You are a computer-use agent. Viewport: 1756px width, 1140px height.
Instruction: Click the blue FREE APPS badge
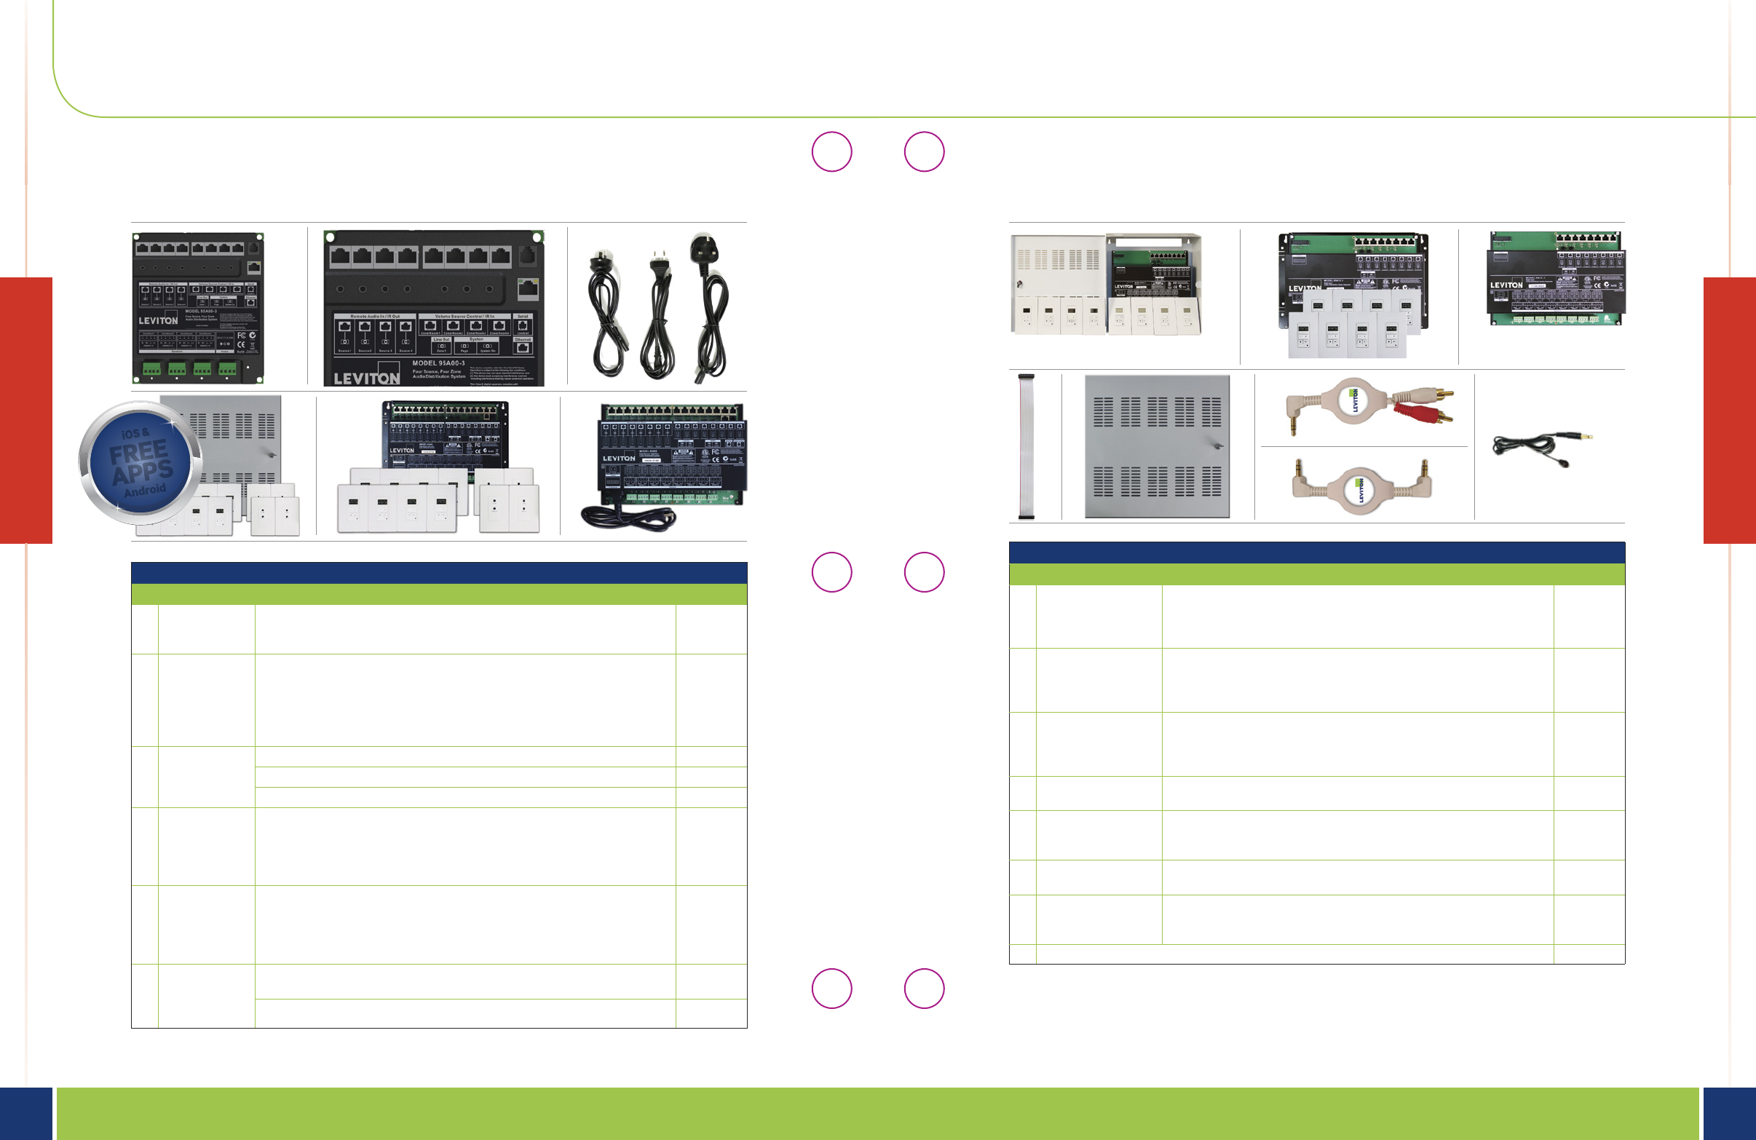tap(141, 463)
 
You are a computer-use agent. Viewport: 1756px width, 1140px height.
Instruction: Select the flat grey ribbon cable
tap(1026, 447)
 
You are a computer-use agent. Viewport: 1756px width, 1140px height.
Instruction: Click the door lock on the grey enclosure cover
tap(1218, 446)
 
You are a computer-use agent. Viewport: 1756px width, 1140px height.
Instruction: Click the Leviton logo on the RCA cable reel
tap(1355, 400)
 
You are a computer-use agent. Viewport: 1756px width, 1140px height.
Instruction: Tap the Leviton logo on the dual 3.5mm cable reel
tap(1361, 490)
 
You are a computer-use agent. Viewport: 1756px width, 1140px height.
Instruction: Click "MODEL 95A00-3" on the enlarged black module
tap(438, 363)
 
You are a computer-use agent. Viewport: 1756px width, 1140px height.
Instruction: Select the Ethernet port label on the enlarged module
tap(523, 339)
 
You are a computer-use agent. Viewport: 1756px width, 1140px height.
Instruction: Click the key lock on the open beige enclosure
tap(1019, 283)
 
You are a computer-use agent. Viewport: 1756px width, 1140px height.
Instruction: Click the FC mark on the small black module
tap(240, 335)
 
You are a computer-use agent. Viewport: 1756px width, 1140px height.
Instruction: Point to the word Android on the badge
tap(145, 490)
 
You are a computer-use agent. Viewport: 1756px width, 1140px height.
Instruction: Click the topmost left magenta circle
tap(831, 152)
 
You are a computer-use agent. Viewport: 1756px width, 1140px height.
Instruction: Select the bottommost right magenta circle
tap(924, 988)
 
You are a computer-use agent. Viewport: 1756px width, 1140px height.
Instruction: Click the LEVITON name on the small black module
tap(159, 321)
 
